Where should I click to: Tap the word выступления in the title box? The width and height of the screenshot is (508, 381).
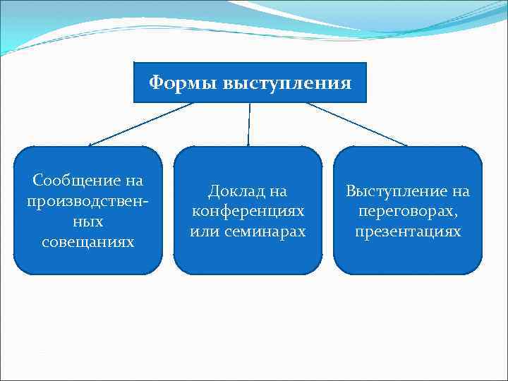(x=286, y=83)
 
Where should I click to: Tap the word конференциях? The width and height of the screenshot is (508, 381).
(x=248, y=211)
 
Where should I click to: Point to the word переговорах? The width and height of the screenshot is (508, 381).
(x=408, y=211)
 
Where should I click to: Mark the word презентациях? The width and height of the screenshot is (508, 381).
(x=408, y=231)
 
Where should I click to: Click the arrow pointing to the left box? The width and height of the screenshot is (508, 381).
(x=141, y=124)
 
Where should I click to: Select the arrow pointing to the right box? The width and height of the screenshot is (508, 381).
(x=356, y=124)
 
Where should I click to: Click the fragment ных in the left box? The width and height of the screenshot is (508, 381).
(x=87, y=222)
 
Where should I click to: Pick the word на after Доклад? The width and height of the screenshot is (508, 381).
(x=278, y=190)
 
